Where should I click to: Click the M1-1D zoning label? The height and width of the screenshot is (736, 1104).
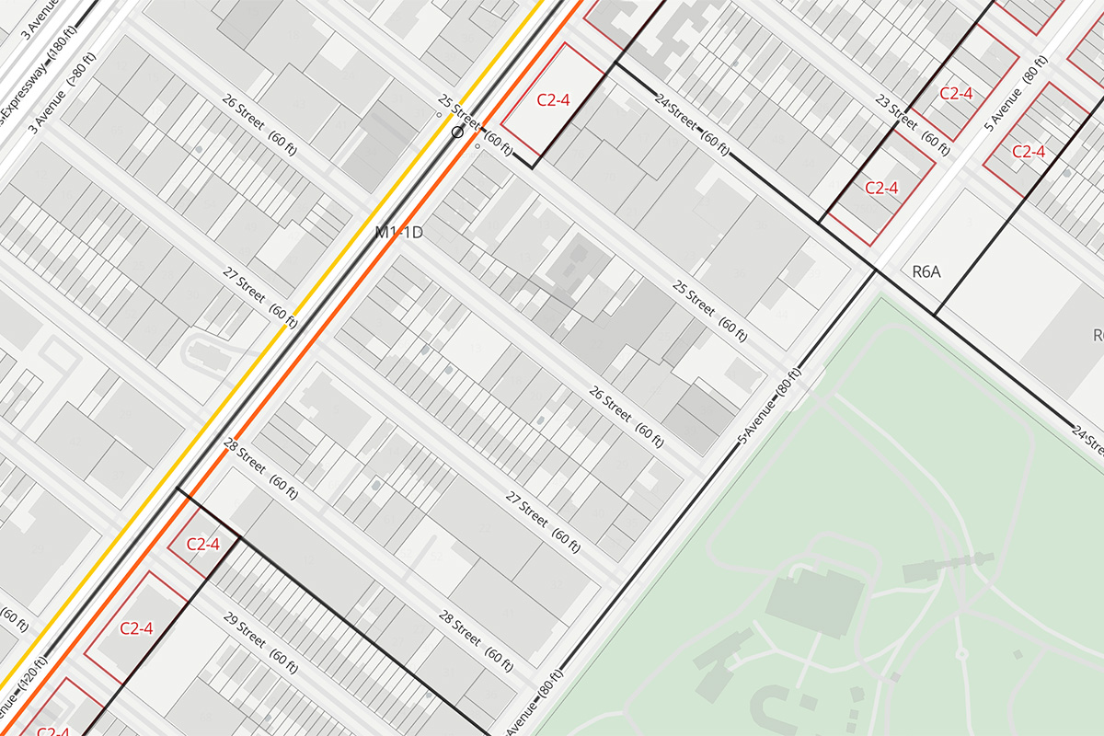click(x=398, y=234)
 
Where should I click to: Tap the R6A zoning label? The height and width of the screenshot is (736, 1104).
click(x=926, y=272)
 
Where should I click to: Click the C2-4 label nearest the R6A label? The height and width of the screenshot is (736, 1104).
click(x=881, y=188)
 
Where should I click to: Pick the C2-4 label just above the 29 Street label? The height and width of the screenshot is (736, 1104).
click(x=203, y=544)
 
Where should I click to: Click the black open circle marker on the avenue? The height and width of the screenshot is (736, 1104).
click(x=456, y=132)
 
